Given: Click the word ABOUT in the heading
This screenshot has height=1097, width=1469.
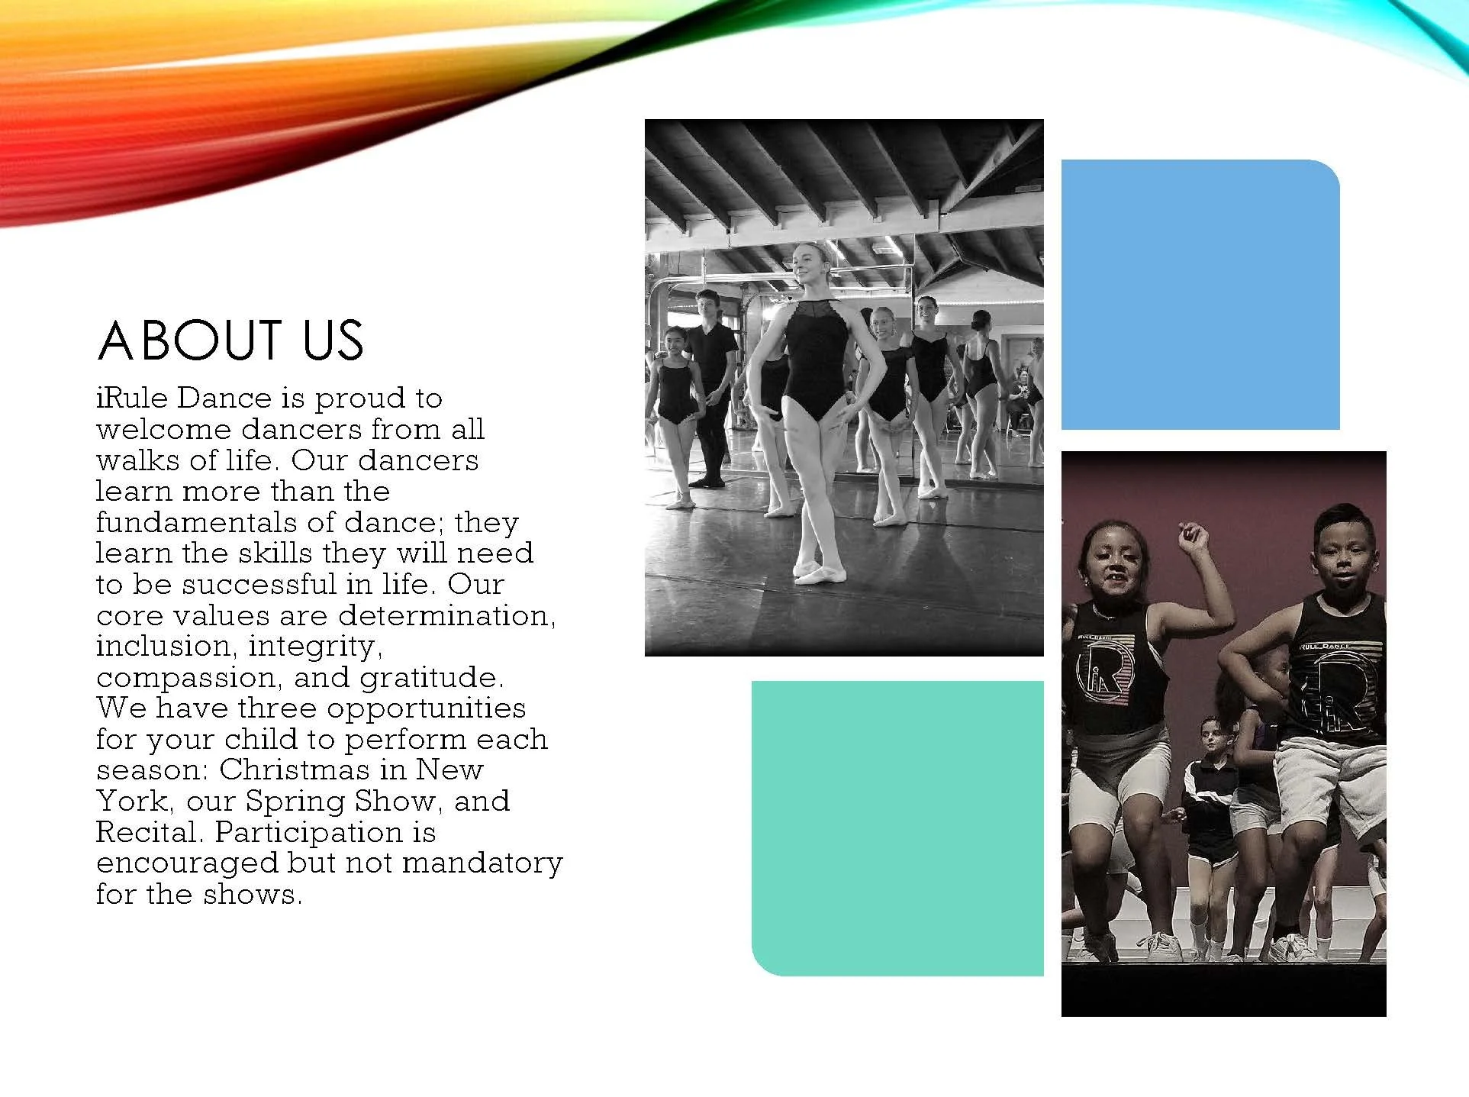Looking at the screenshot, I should point(189,340).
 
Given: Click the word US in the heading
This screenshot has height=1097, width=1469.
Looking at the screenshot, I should point(333,340).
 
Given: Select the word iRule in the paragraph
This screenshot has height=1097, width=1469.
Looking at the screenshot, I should point(131,398).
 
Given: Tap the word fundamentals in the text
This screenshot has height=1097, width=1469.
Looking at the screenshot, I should point(196,523).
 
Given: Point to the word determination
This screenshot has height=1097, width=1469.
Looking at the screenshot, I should point(446,616).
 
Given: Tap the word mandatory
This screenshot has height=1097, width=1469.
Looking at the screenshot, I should point(482,863).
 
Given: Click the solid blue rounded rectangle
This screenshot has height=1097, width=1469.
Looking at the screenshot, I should point(1200,295).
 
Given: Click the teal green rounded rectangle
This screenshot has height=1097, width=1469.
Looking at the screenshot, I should point(897,828).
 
